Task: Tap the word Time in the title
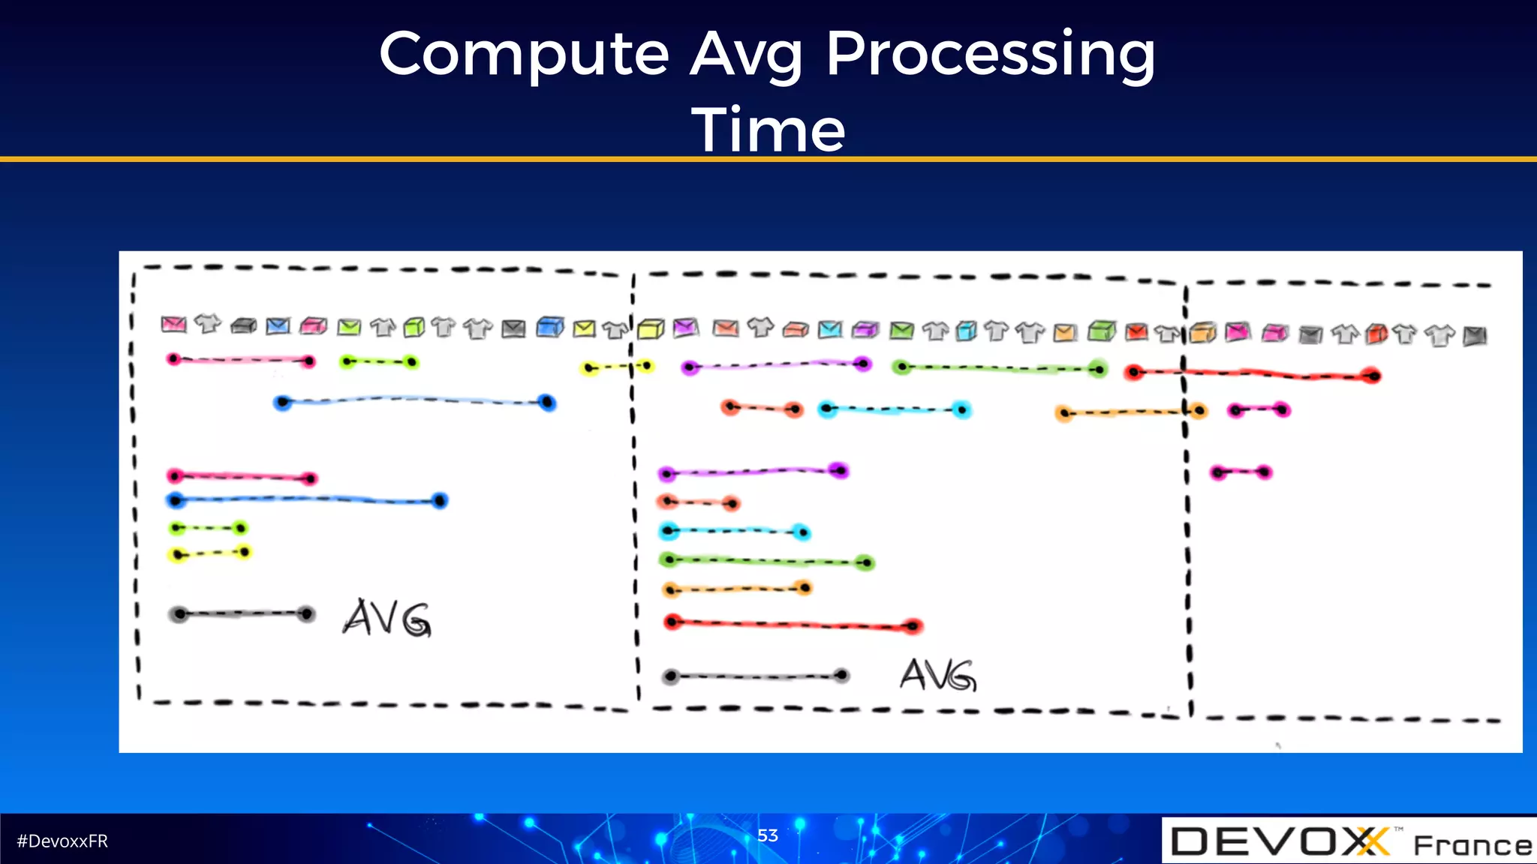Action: (768, 129)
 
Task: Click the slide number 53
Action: (767, 835)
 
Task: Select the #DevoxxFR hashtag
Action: (62, 841)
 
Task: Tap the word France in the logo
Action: (1472, 845)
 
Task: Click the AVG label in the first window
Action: (387, 619)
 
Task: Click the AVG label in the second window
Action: (938, 675)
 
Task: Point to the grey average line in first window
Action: (242, 614)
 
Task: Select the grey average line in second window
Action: (755, 676)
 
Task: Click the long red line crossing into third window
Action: (1252, 373)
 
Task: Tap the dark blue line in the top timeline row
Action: (414, 400)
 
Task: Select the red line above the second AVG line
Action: (792, 624)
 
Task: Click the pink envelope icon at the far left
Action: (173, 324)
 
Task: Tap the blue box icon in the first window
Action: (550, 328)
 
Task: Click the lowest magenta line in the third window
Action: (1241, 472)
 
